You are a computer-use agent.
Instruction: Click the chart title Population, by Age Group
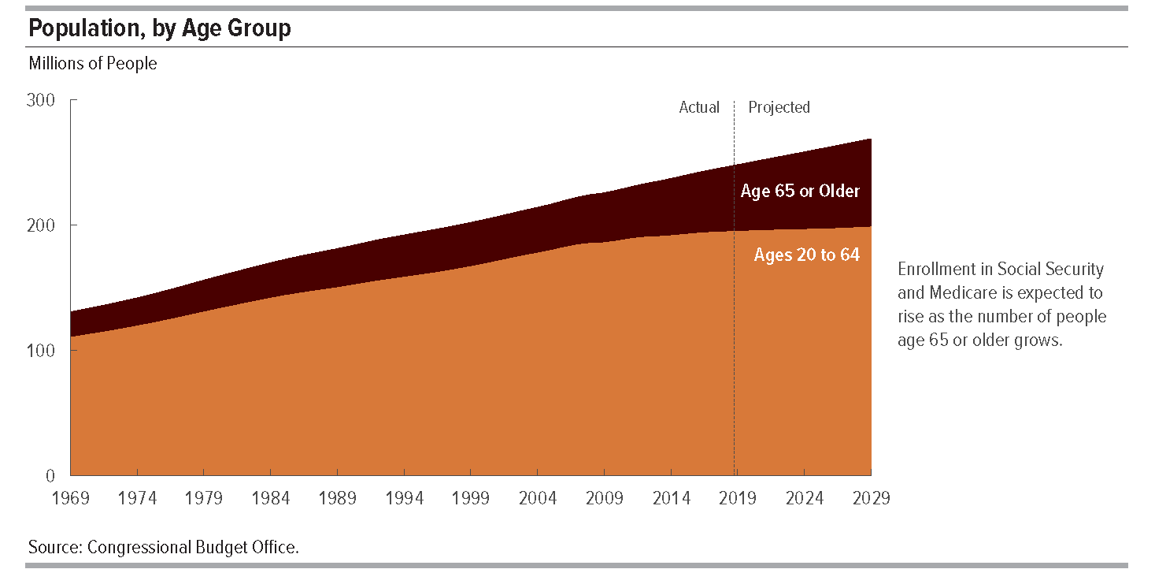point(159,28)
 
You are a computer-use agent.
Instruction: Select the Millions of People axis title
point(93,64)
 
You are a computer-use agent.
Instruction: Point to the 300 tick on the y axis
point(41,99)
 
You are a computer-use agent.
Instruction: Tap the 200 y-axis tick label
point(41,225)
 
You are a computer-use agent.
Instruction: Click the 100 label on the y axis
point(41,351)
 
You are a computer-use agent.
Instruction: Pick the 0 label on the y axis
point(50,475)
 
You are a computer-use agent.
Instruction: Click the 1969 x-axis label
point(71,498)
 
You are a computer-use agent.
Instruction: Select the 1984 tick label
point(271,498)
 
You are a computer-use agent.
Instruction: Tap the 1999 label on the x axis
point(471,498)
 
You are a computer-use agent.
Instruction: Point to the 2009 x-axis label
point(605,498)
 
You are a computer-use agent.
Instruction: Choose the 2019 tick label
point(738,498)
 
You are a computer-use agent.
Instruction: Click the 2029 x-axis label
point(872,498)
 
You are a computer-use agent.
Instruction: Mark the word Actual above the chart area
point(699,107)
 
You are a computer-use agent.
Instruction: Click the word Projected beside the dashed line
point(779,107)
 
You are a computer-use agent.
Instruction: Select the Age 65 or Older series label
point(800,191)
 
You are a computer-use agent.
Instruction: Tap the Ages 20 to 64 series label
point(807,255)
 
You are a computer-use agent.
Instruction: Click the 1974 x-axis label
point(137,498)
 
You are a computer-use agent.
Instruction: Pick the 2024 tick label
point(805,498)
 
